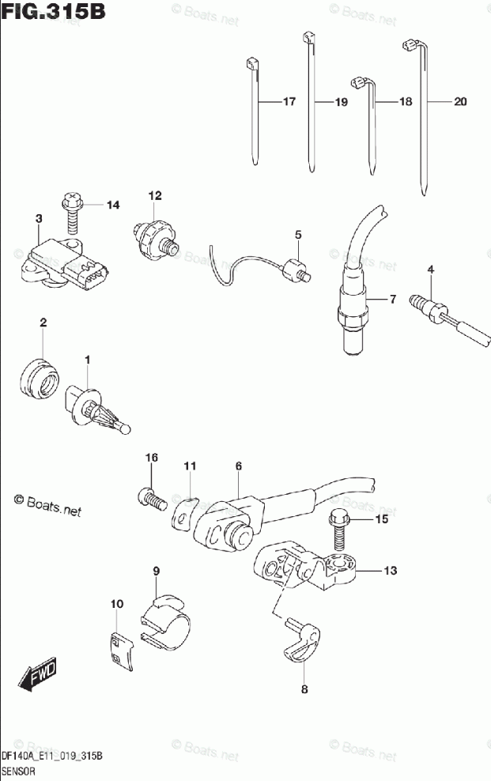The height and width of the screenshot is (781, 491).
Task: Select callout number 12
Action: (153, 195)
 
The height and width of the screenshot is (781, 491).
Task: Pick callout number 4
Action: (431, 270)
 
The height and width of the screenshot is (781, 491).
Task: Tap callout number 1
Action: (88, 360)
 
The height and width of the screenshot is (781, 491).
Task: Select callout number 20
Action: (460, 102)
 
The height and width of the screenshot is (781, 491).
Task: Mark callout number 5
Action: (298, 235)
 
